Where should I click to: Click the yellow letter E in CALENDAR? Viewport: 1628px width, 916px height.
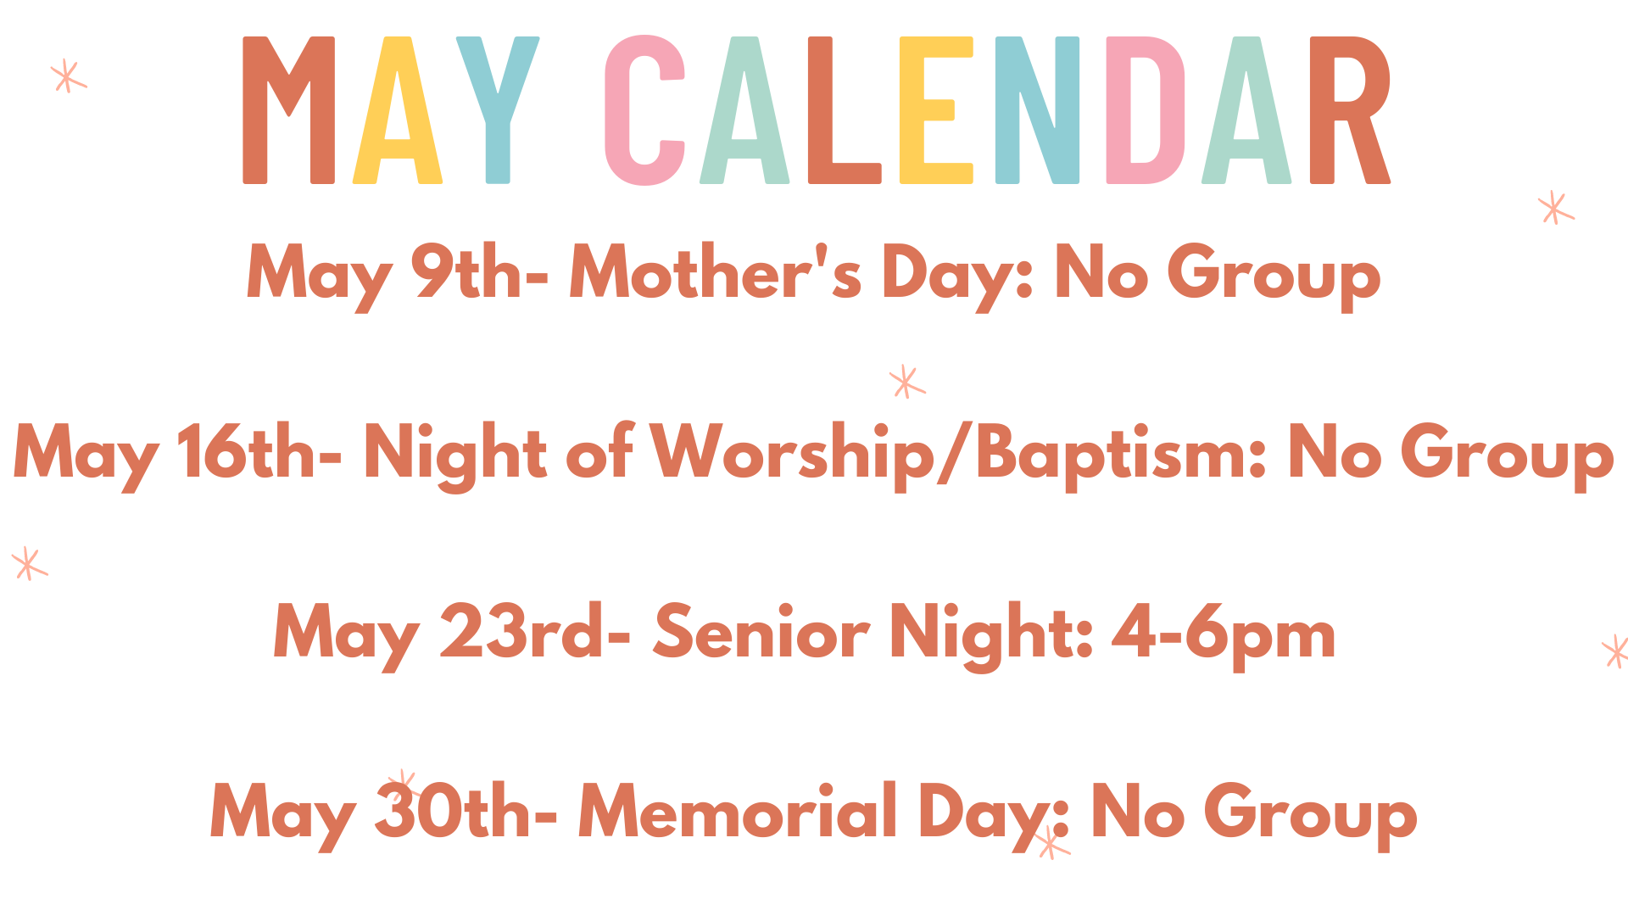[x=935, y=110]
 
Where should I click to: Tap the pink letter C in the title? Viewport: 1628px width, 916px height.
[x=644, y=110]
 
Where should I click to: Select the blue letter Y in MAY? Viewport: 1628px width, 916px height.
[x=498, y=110]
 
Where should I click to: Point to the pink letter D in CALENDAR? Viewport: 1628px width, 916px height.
[x=1146, y=110]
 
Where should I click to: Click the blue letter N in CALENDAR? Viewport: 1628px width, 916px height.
[x=1037, y=110]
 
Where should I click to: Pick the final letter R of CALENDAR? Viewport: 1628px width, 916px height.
[x=1350, y=110]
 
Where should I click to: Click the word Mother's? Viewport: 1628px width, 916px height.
[x=716, y=271]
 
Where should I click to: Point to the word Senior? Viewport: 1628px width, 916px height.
[x=761, y=632]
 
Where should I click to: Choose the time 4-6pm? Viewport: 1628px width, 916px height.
[x=1224, y=635]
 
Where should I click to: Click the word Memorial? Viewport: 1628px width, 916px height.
[x=738, y=810]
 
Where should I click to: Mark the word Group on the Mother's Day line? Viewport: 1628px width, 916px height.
[x=1274, y=276]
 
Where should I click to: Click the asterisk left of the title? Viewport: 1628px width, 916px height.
[x=68, y=75]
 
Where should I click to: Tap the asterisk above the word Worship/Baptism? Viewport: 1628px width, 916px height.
[x=906, y=382]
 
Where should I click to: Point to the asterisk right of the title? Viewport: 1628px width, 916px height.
[x=1556, y=208]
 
